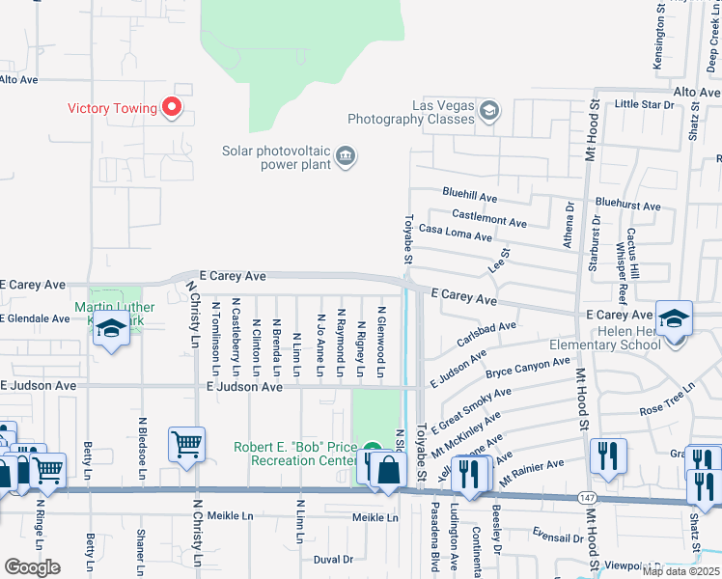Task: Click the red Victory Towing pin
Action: click(173, 106)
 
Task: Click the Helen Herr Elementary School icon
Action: click(674, 318)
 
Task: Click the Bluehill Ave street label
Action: click(470, 196)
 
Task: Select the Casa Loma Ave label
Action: click(457, 232)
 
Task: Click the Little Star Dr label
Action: click(647, 103)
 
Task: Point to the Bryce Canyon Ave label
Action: click(528, 368)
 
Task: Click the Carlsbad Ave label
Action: click(487, 335)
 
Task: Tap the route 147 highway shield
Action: click(586, 496)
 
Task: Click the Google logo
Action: click(33, 567)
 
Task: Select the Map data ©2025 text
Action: click(680, 571)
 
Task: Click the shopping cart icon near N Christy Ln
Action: click(186, 445)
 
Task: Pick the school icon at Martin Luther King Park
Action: click(112, 329)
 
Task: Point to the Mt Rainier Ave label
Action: click(531, 465)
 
